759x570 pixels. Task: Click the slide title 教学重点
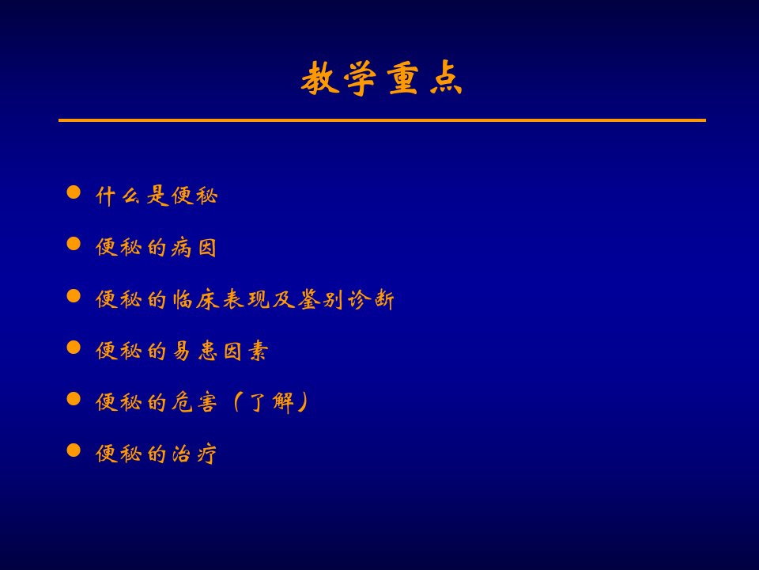381,78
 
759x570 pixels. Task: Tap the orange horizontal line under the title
382,120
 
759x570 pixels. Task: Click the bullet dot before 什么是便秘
74,192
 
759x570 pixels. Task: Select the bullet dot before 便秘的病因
74,244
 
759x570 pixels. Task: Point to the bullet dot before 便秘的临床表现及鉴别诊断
74,295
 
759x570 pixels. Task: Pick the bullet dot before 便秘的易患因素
74,347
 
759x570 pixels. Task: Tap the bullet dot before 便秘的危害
74,399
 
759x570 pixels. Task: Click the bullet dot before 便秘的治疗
74,450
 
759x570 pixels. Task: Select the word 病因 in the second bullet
193,248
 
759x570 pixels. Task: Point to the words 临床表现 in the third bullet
221,299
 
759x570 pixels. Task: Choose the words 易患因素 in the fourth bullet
220,351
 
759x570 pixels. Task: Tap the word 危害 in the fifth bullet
194,402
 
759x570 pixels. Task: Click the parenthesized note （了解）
270,403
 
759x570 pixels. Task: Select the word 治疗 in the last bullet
194,454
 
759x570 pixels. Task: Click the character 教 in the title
319,78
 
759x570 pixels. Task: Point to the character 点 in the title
446,78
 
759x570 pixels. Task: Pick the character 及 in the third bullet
284,299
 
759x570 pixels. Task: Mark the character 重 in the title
402,78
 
